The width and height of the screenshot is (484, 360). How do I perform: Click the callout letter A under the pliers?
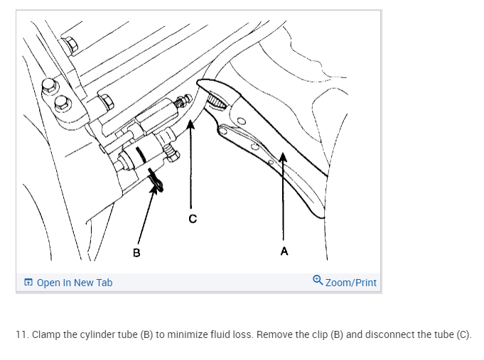[284, 251]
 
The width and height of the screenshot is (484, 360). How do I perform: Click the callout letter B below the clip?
[136, 252]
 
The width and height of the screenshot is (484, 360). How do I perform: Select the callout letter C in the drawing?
[192, 218]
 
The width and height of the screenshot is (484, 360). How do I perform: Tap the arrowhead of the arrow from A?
[282, 157]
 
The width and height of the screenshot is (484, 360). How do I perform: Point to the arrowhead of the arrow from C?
[190, 123]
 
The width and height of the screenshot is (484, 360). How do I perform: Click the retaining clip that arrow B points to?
[156, 181]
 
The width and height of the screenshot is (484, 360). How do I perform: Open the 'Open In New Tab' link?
[74, 283]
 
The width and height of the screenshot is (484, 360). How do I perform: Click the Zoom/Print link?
[350, 283]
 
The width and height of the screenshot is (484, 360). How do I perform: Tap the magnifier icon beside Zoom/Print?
[318, 282]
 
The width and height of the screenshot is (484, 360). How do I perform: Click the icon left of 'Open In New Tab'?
[28, 283]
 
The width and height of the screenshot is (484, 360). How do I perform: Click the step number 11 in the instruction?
[21, 334]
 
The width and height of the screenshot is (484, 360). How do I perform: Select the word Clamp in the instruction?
[47, 334]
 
